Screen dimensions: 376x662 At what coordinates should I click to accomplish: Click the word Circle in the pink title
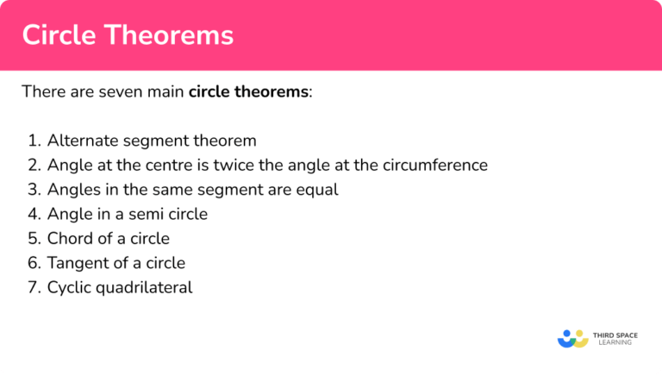[57, 35]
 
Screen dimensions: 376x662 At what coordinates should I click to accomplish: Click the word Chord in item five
[69, 238]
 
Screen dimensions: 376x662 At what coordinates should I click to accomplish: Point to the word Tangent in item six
[76, 263]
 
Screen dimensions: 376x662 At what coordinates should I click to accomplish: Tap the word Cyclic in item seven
[69, 287]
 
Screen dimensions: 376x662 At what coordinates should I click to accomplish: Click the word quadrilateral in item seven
[143, 287]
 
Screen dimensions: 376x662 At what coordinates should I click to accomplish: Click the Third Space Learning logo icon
[572, 338]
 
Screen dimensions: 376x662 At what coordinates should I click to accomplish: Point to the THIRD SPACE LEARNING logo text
[614, 338]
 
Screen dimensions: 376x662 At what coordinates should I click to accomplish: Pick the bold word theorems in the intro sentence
[271, 91]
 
